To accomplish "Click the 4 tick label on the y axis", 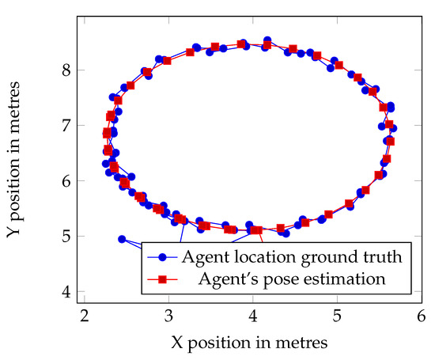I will click(68, 292).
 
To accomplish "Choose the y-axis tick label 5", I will click(68, 237).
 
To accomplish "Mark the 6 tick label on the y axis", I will click(68, 181).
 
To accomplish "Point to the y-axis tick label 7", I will click(68, 126).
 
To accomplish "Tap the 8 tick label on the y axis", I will click(68, 70).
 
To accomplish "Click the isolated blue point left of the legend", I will click(122, 238).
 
